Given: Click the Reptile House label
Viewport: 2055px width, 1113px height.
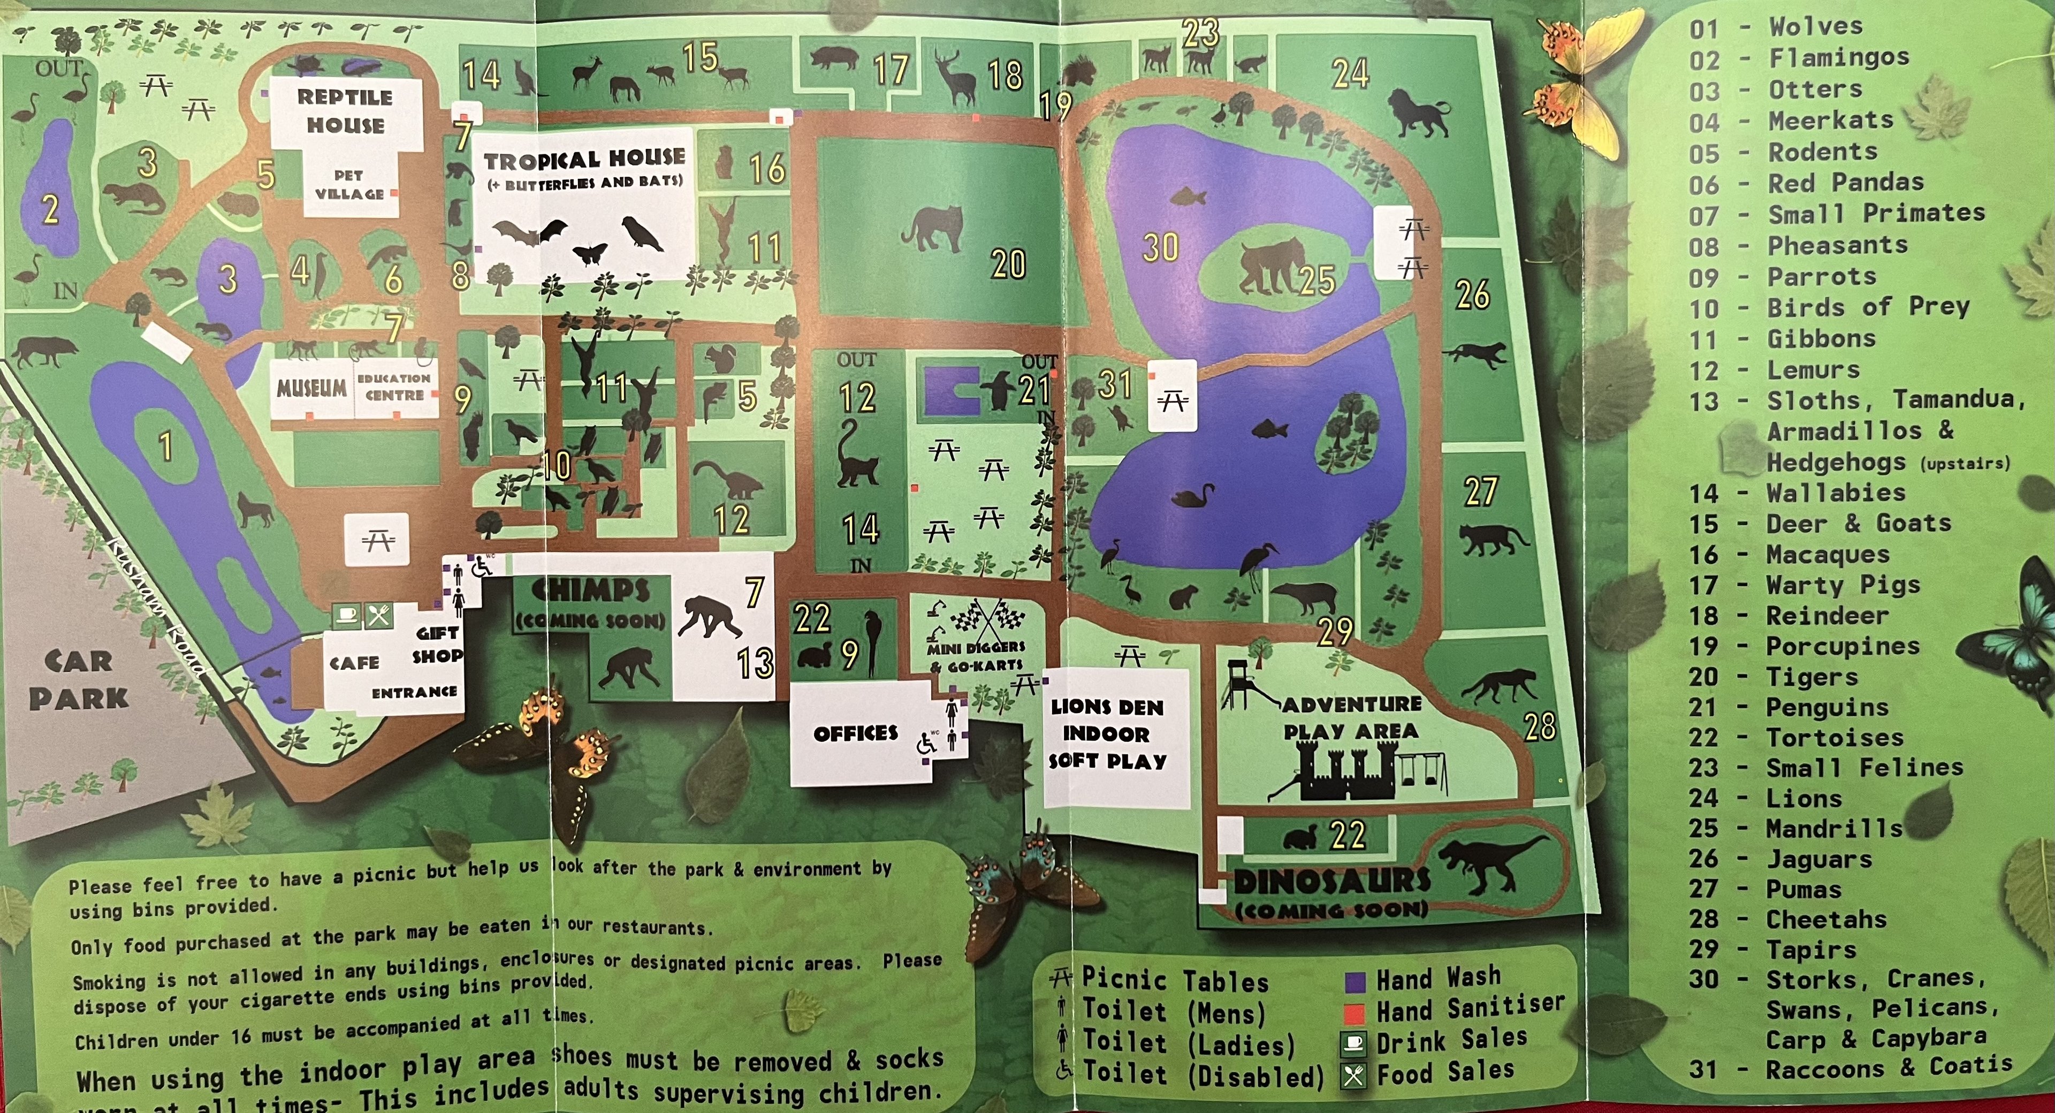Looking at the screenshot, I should [345, 111].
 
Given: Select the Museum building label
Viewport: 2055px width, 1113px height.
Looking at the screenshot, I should [311, 389].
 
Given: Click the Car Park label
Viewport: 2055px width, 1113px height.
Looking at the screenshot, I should [78, 680].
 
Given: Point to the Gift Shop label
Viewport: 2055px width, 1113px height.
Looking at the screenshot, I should [438, 645].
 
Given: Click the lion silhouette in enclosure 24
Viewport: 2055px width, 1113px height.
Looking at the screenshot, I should [1417, 114].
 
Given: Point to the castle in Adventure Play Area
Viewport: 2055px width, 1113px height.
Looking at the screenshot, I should [1346, 773].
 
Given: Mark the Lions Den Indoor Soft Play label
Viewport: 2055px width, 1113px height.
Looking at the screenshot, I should [1107, 734].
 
